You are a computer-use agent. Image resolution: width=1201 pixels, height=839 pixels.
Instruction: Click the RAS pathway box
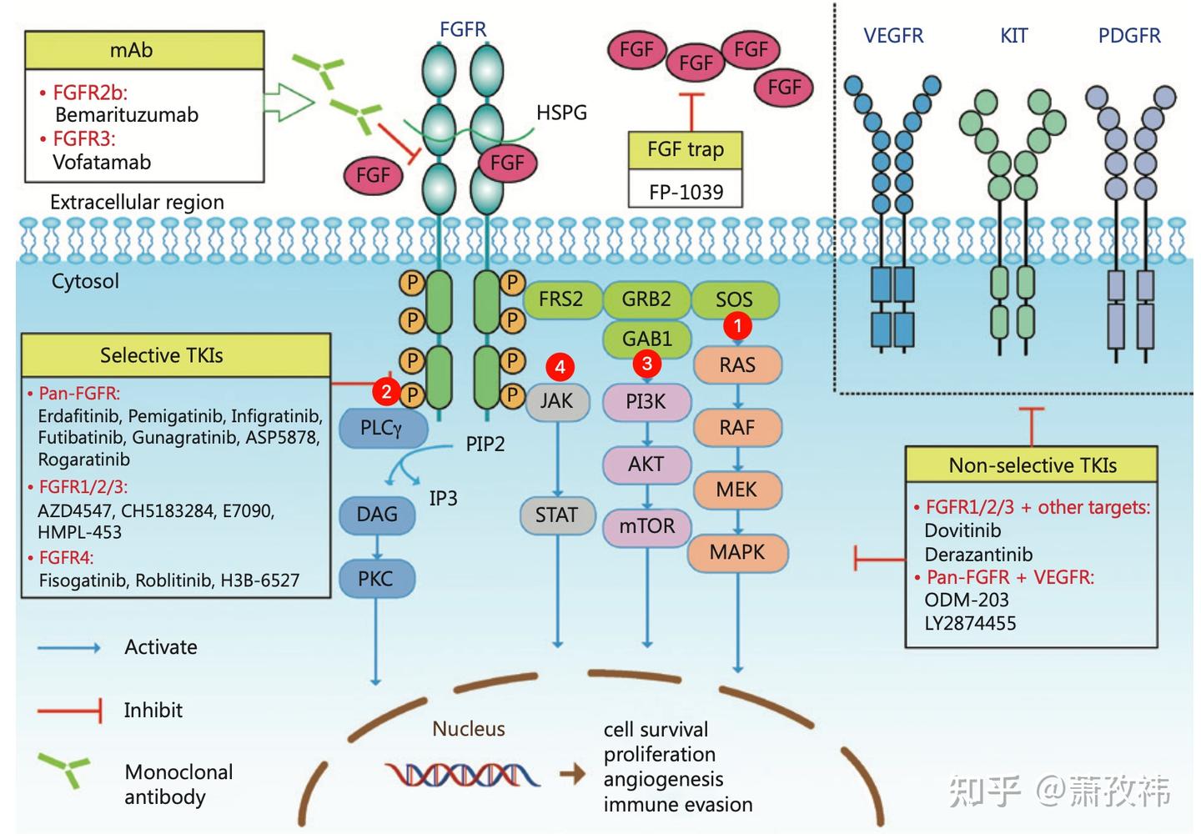pyautogui.click(x=737, y=365)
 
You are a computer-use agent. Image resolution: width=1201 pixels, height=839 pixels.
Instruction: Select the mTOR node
pyautogui.click(x=646, y=526)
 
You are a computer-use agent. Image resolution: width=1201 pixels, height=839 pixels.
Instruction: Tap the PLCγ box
pyautogui.click(x=381, y=429)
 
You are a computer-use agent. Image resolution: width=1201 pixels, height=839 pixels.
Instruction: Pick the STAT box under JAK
pyautogui.click(x=556, y=515)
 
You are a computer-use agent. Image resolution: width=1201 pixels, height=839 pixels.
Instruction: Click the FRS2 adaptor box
pyautogui.click(x=560, y=299)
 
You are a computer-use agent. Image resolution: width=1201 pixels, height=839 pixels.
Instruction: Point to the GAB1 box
pyautogui.click(x=646, y=339)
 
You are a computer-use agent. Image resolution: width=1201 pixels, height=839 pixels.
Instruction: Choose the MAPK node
pyautogui.click(x=737, y=552)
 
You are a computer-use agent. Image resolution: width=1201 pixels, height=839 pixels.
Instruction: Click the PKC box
pyautogui.click(x=375, y=579)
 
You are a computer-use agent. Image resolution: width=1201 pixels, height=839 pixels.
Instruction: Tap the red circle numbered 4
pyautogui.click(x=560, y=366)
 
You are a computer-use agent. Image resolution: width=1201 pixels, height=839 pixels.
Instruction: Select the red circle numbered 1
pyautogui.click(x=737, y=325)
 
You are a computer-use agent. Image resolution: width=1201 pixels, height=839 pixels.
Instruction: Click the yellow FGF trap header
pyautogui.click(x=685, y=150)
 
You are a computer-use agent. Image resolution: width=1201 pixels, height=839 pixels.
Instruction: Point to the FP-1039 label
pyautogui.click(x=686, y=192)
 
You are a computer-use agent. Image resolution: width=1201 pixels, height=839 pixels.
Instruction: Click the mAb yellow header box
pyautogui.click(x=144, y=51)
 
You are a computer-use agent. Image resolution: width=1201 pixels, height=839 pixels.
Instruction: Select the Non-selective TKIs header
pyautogui.click(x=1032, y=465)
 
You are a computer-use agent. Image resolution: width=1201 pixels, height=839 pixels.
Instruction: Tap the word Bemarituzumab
pyautogui.click(x=127, y=115)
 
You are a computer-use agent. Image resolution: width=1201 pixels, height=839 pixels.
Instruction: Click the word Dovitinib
pyautogui.click(x=962, y=530)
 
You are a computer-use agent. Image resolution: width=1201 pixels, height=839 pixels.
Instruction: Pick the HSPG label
pyautogui.click(x=561, y=113)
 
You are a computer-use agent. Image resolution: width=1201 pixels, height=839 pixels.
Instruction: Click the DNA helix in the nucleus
pyautogui.click(x=463, y=775)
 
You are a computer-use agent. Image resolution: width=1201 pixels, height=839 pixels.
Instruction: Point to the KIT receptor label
pyautogui.click(x=1014, y=36)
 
